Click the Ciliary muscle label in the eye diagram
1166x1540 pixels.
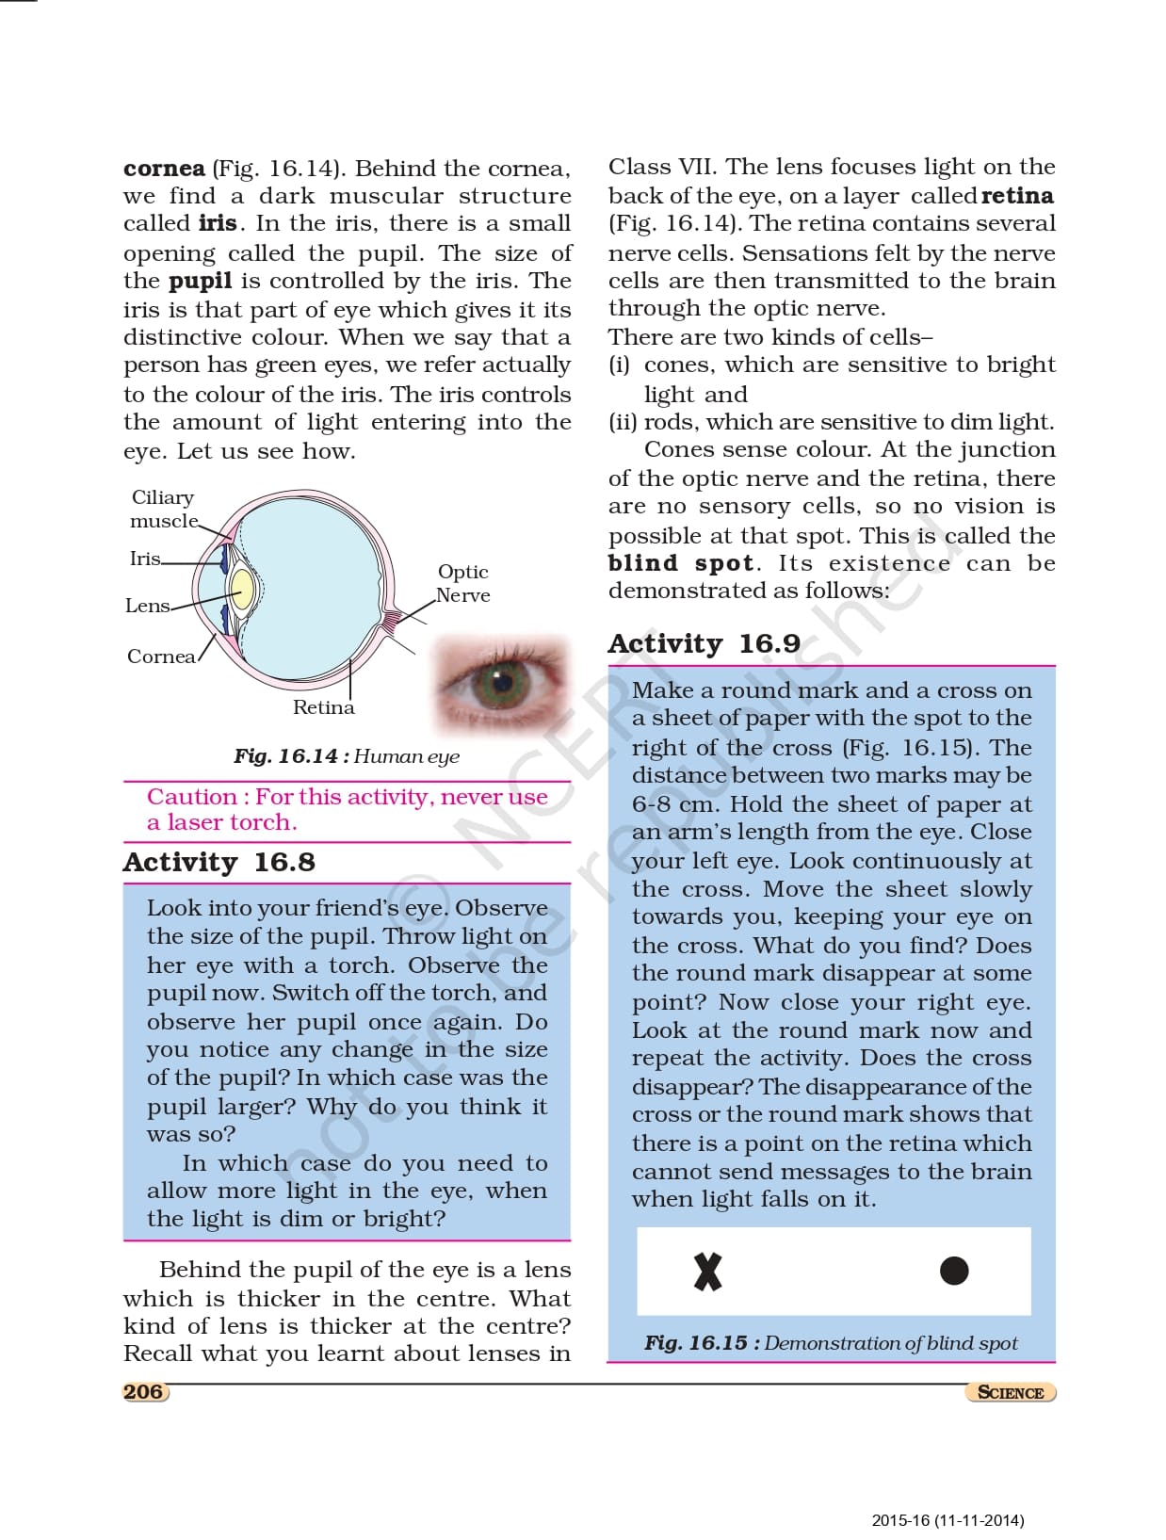163,509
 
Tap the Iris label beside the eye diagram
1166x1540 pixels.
145,559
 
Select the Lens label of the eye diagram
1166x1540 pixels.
147,606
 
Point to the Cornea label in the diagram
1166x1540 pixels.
161,657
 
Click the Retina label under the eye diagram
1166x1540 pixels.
323,707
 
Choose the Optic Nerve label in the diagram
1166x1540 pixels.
462,583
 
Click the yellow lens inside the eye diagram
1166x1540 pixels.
242,589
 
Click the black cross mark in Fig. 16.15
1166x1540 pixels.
707,1271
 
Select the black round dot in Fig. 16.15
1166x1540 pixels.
954,1271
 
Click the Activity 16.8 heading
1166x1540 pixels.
219,862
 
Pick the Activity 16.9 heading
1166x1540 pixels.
704,643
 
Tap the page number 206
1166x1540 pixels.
143,1391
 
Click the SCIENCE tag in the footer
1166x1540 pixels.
1010,1392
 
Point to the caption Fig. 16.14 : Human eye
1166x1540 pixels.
347,756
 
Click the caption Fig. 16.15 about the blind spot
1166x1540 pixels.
831,1343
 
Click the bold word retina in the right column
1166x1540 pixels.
1017,196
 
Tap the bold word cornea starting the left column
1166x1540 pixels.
164,169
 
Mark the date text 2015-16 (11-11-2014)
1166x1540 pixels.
947,1520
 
